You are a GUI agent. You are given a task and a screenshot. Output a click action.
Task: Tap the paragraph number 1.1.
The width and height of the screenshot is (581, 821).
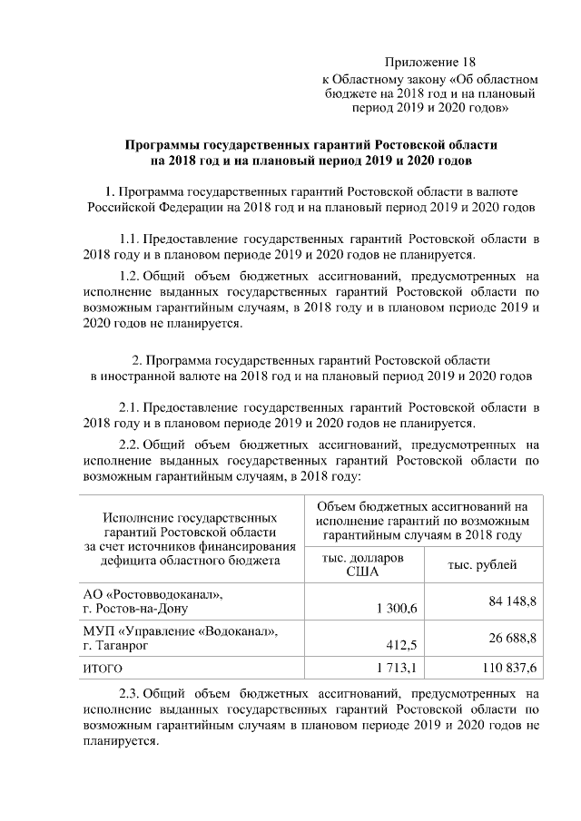tap(133, 239)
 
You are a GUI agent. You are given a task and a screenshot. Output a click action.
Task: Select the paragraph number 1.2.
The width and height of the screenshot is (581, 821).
tap(133, 276)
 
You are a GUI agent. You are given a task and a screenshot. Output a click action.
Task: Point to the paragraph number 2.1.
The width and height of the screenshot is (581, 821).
tap(133, 406)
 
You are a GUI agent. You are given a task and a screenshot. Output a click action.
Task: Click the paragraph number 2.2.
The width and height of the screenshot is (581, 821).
tap(133, 444)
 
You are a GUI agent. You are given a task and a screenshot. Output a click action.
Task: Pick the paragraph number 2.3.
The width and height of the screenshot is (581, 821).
tap(133, 694)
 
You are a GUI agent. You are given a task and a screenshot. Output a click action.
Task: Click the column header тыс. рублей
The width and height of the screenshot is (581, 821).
tap(482, 565)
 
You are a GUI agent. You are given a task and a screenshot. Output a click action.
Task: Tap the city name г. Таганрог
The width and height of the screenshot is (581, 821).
tap(115, 646)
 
